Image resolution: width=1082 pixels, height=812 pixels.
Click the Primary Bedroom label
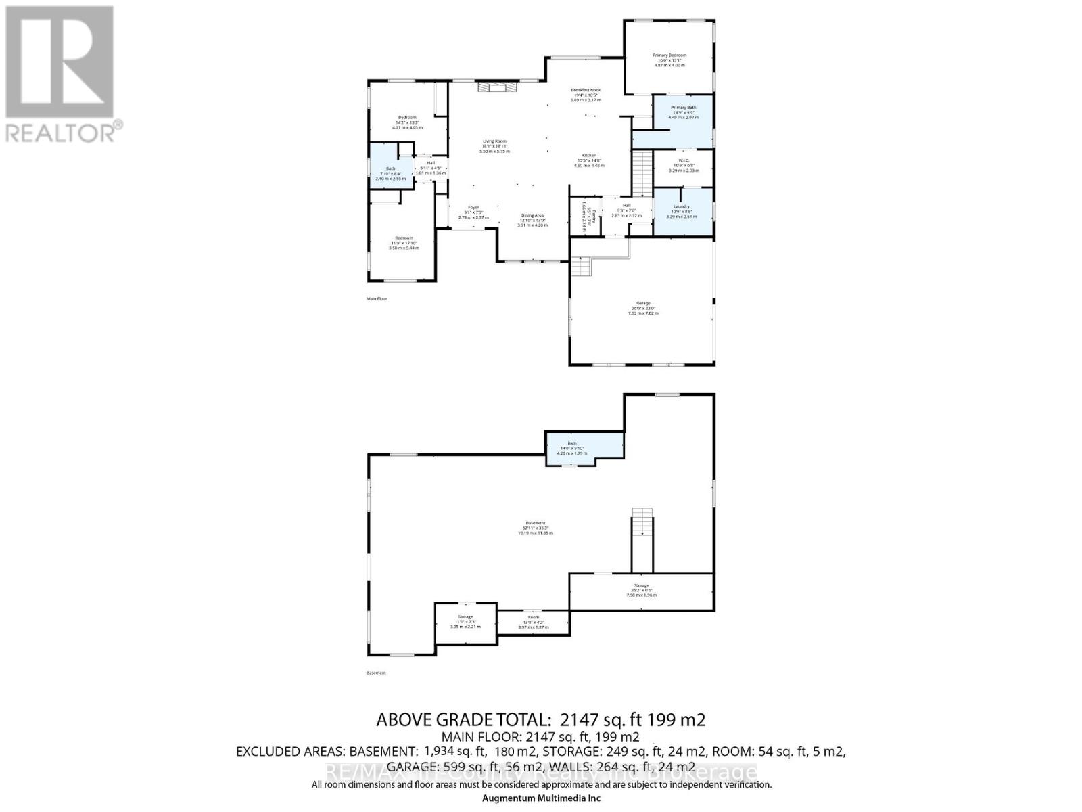669,55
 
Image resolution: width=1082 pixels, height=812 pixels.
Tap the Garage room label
642,304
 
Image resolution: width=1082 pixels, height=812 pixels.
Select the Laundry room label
682,207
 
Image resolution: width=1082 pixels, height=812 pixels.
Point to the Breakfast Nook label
585,91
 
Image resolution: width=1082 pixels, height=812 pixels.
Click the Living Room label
494,142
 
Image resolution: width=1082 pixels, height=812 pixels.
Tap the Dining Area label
532,216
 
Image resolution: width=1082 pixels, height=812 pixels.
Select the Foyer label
473,208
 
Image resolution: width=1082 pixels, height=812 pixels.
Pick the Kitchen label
589,156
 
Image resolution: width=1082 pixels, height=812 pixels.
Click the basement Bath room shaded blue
573,448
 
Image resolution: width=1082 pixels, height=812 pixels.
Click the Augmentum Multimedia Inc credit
541,798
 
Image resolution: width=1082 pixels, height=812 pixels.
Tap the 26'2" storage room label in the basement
641,586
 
